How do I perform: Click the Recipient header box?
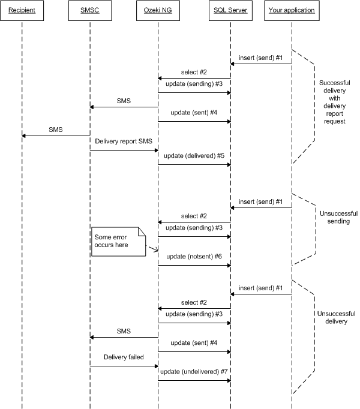(22, 10)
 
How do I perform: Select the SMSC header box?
(89, 10)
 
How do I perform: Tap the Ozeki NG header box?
(158, 10)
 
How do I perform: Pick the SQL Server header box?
(230, 10)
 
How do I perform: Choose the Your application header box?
(292, 10)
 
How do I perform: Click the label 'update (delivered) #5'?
(193, 155)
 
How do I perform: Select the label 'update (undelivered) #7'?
(194, 372)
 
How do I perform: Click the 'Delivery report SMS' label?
(123, 141)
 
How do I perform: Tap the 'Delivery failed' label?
(124, 357)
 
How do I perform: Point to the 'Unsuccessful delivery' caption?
(335, 317)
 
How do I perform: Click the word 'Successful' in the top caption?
(335, 82)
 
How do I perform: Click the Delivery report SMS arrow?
(124, 150)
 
